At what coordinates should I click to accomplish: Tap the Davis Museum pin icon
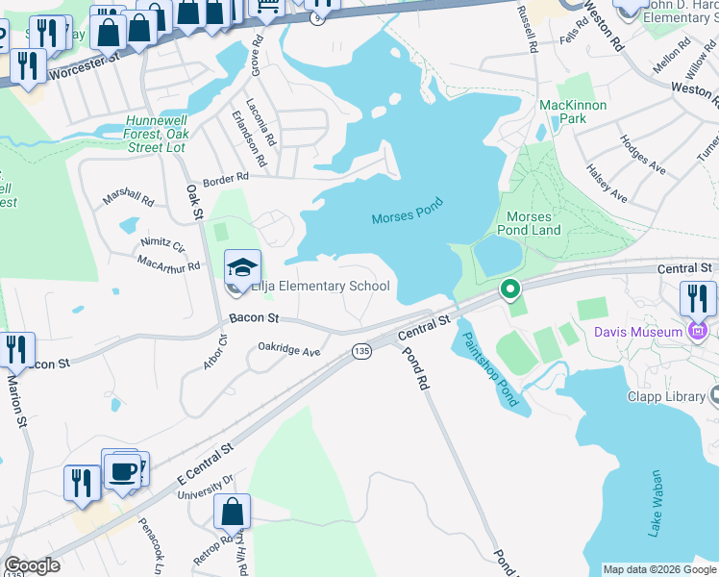699,333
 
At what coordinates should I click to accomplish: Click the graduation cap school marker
243,266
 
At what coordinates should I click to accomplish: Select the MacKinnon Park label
576,111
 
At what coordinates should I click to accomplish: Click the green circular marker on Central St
510,288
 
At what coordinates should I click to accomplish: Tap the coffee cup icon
122,471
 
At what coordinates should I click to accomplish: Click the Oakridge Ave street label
288,351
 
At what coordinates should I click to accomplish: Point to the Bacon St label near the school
254,317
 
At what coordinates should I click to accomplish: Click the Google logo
32,565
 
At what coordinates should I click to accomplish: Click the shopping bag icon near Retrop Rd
232,513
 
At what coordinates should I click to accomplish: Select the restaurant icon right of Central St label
697,298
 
